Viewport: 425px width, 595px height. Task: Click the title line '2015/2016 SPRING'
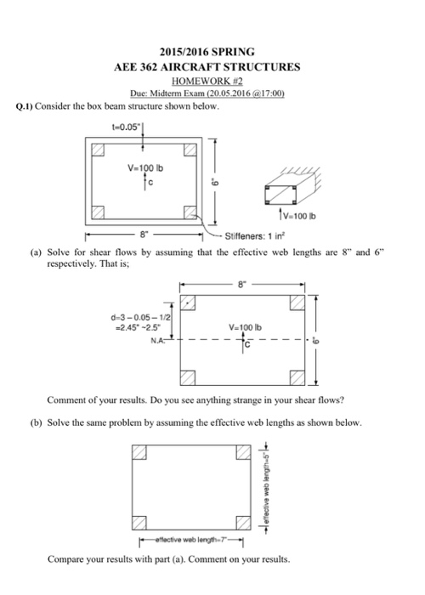coord(212,51)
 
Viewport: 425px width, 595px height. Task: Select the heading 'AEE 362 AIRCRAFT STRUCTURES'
coord(212,66)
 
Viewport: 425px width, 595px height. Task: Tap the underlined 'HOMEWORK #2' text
coord(213,81)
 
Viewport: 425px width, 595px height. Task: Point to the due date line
coord(213,94)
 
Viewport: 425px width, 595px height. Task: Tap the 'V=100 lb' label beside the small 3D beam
coord(297,214)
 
